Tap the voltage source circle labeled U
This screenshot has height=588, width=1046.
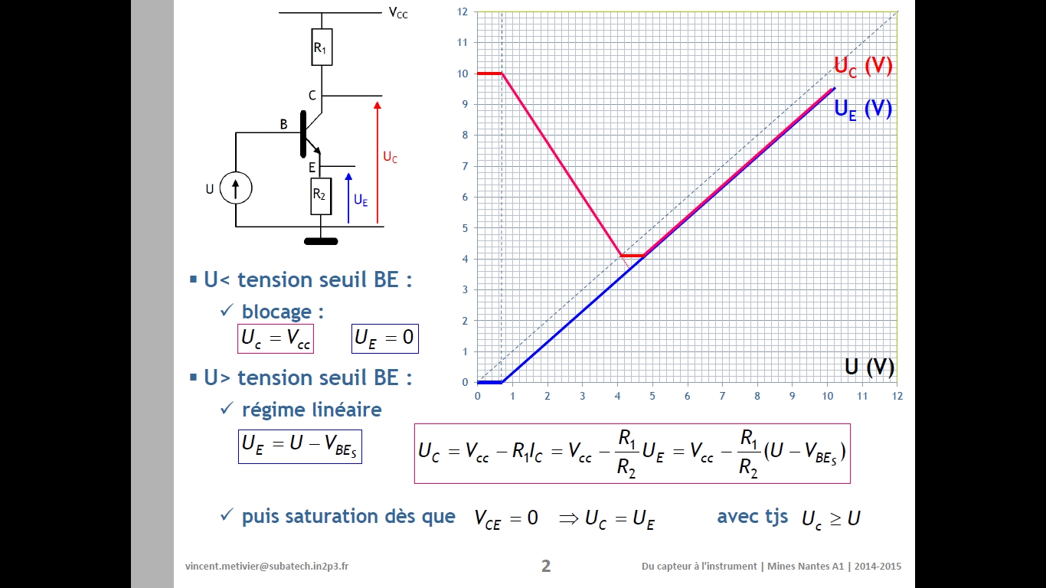tap(236, 188)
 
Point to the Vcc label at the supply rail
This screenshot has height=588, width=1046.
tap(398, 12)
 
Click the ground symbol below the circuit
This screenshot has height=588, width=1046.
tap(321, 241)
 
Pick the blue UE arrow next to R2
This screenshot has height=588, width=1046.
tap(348, 198)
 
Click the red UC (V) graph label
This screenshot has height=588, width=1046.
tap(863, 67)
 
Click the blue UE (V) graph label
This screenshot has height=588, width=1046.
tap(863, 109)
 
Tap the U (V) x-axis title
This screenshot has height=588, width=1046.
tap(869, 367)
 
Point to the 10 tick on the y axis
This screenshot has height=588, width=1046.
tap(463, 73)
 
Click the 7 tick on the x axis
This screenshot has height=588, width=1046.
tap(722, 396)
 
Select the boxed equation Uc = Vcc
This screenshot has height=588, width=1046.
tap(276, 338)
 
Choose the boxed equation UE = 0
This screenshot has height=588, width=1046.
tap(385, 338)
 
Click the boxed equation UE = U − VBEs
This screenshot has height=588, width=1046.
tap(299, 445)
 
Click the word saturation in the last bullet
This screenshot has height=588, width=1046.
tap(330, 516)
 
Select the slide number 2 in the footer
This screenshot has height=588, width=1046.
tap(545, 566)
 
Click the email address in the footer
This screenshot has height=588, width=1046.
tap(266, 567)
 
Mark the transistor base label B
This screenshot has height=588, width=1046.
tap(283, 124)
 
